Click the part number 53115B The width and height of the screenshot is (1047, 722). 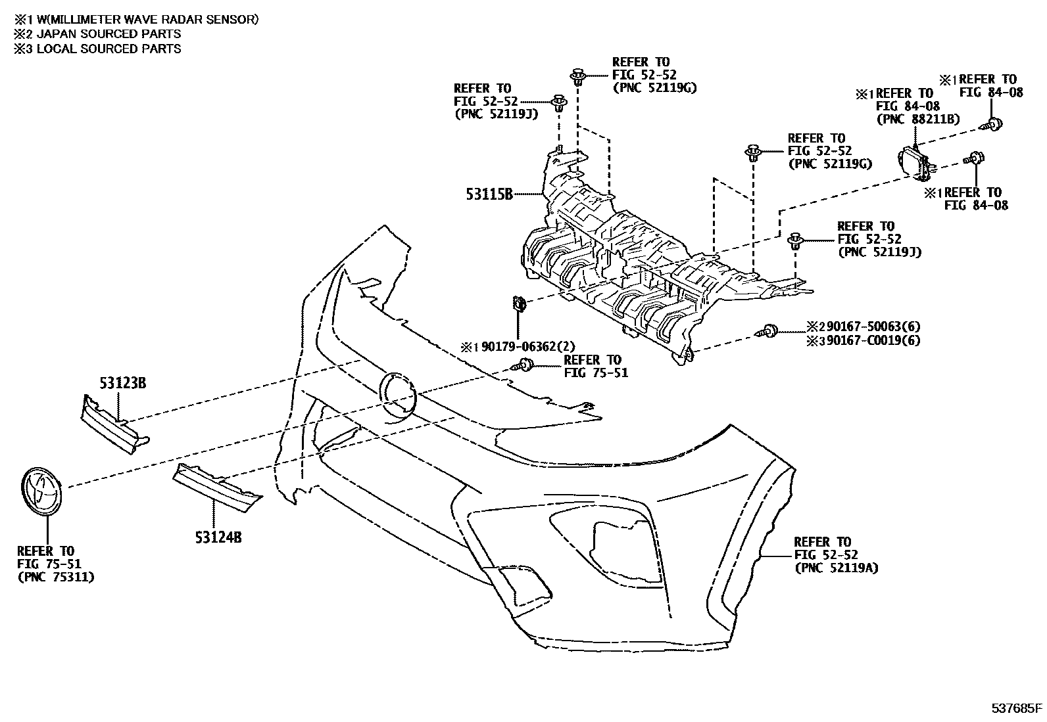[x=489, y=194]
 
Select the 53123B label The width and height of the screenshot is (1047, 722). [x=123, y=383]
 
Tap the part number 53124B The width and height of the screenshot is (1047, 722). [x=218, y=538]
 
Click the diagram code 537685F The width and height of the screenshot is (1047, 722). [x=1017, y=708]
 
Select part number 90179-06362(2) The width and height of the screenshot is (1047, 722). [x=527, y=346]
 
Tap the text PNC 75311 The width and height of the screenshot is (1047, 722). [x=55, y=577]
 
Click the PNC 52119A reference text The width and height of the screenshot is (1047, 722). [x=836, y=568]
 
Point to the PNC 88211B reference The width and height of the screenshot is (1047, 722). [x=918, y=119]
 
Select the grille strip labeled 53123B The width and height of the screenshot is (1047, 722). [x=113, y=426]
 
